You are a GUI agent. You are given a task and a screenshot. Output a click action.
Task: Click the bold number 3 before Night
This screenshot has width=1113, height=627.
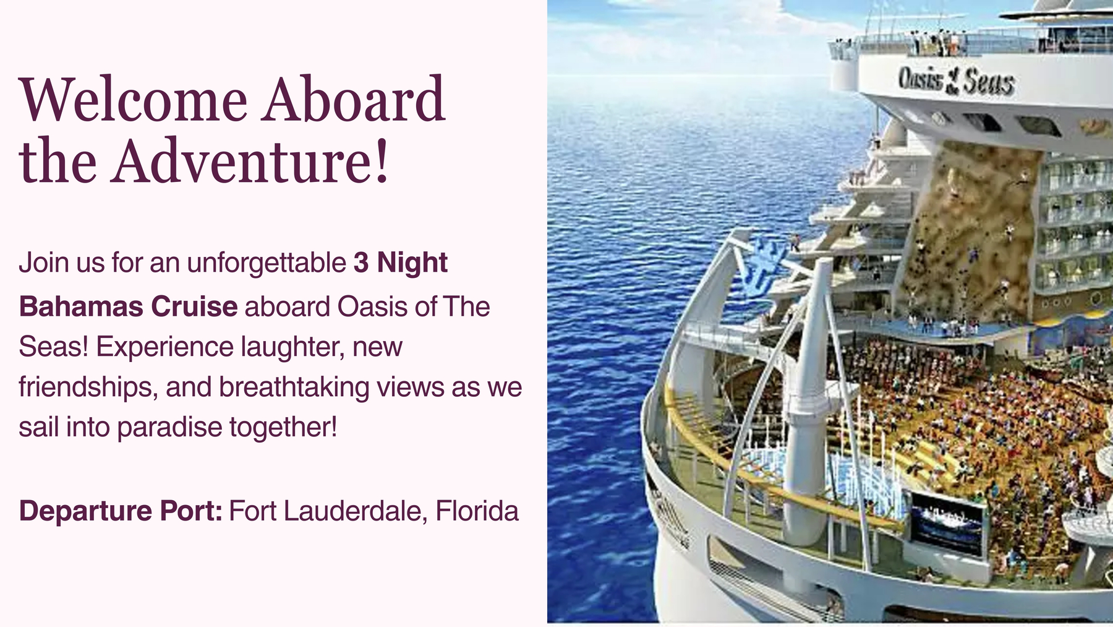(x=361, y=262)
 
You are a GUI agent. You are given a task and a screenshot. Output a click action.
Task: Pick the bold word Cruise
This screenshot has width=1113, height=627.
(x=194, y=306)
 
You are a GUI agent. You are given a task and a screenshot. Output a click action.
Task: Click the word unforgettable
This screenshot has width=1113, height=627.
(x=267, y=262)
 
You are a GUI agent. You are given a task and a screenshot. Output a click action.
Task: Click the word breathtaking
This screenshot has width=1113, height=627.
(x=294, y=387)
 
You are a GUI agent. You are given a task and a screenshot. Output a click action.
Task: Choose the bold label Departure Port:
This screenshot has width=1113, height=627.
(x=121, y=511)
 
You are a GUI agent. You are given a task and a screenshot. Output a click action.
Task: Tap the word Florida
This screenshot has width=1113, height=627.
(x=477, y=511)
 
